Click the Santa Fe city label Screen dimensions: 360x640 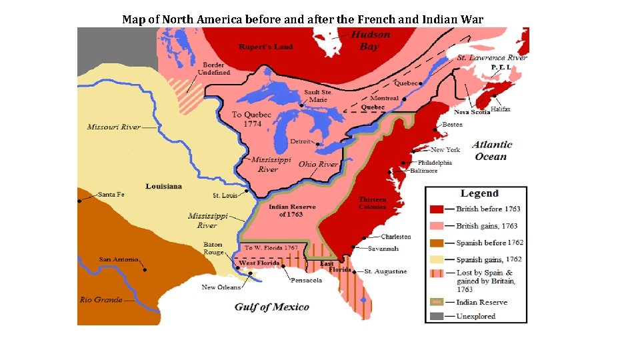[x=111, y=195]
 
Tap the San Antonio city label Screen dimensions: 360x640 [x=119, y=259]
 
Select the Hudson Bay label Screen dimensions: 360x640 [x=370, y=41]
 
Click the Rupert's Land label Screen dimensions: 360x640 [x=266, y=47]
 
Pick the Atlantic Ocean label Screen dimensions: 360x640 [x=492, y=151]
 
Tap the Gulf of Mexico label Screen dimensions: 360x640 [x=271, y=307]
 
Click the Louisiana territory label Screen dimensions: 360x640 [x=164, y=186]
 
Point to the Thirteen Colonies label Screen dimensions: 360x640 [x=372, y=203]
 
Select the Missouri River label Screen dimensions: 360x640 [x=113, y=127]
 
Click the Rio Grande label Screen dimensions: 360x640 [x=101, y=299]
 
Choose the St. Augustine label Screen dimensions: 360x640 [x=386, y=271]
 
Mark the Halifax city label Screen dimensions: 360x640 [x=500, y=109]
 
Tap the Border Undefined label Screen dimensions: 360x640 [x=214, y=69]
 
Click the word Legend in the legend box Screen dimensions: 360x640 [x=479, y=193]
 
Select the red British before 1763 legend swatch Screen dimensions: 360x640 [x=437, y=209]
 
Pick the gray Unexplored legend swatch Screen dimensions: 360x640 [x=437, y=316]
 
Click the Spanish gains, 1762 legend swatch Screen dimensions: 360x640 [x=437, y=259]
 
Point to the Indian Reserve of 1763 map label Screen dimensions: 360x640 [x=292, y=211]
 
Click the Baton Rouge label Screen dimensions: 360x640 [x=213, y=249]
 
